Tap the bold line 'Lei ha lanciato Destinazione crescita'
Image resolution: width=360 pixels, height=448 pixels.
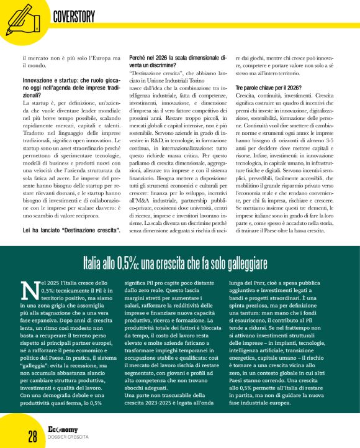71,231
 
